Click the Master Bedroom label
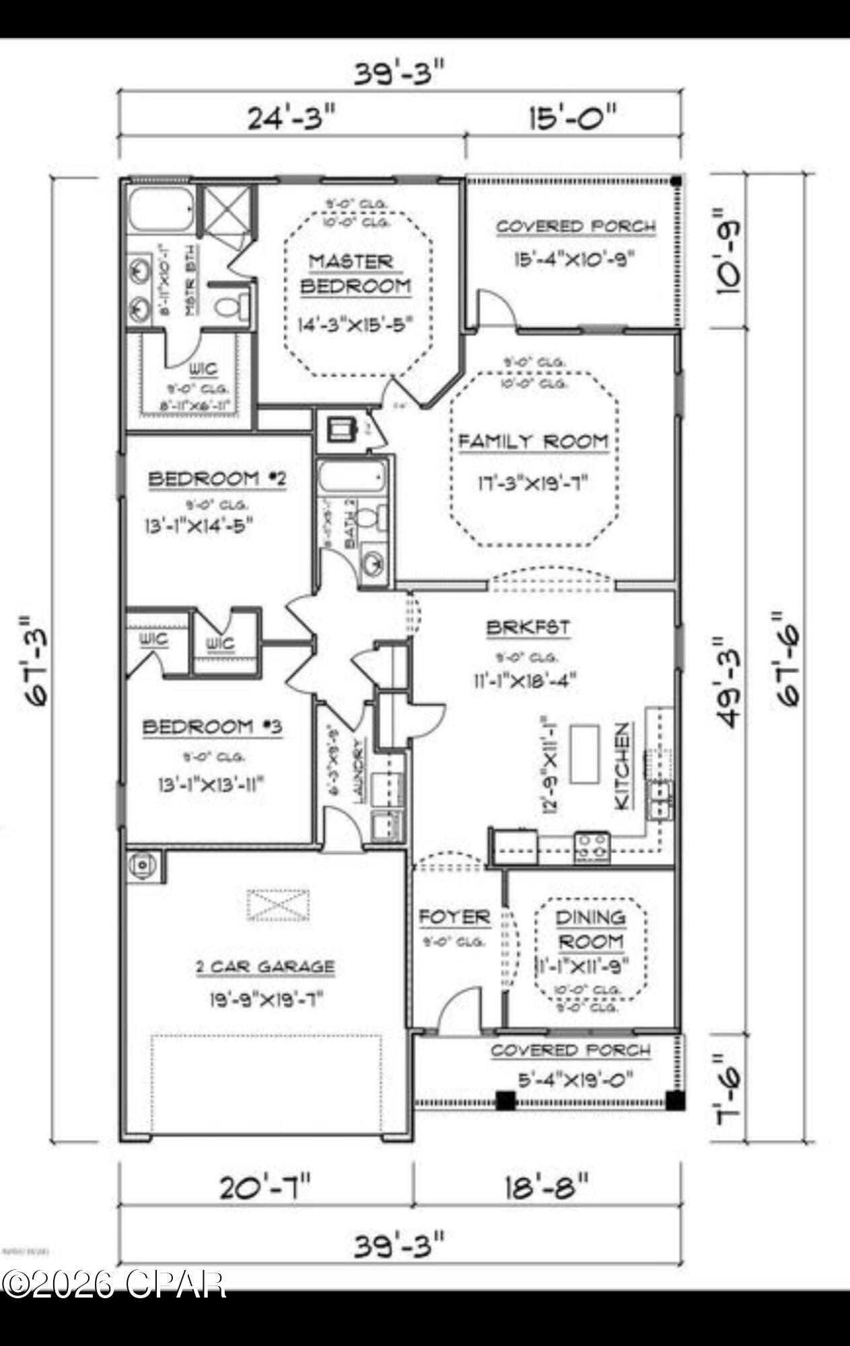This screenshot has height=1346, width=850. [355, 273]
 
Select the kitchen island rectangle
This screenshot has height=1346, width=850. [584, 754]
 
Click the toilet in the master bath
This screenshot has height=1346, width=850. [227, 307]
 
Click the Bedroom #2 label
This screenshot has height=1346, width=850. [217, 479]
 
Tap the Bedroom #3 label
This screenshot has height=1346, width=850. [212, 727]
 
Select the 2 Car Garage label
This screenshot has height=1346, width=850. [264, 967]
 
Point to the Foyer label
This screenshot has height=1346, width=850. [454, 917]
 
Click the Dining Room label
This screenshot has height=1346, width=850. [590, 929]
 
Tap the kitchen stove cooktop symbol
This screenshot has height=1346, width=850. [592, 847]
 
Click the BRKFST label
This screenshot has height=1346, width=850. [528, 627]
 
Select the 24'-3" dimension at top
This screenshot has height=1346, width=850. [291, 118]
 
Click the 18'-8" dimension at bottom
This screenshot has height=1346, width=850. [546, 1186]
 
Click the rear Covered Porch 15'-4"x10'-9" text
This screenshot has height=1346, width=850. [574, 259]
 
